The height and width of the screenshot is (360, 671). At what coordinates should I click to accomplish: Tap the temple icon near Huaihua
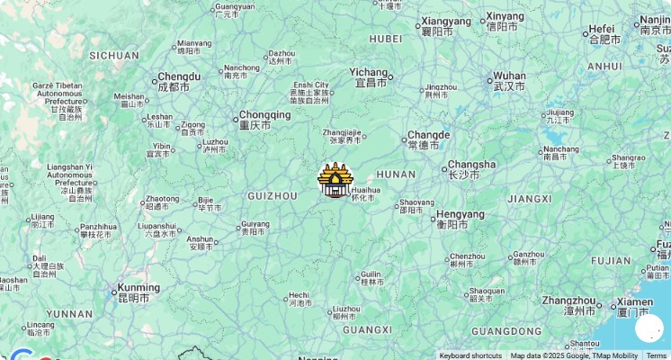click(x=335, y=181)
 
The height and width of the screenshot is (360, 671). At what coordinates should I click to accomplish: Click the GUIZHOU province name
click(x=272, y=195)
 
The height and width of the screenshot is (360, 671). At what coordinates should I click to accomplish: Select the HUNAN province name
click(x=396, y=175)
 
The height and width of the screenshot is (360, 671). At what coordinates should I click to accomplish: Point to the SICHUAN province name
click(x=114, y=55)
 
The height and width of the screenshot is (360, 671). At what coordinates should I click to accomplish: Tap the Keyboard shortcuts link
click(x=470, y=355)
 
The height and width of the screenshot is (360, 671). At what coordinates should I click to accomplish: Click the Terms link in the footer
click(x=657, y=355)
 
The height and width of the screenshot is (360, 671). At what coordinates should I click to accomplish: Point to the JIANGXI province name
click(x=529, y=198)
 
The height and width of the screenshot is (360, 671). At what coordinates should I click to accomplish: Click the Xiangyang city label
click(x=446, y=22)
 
